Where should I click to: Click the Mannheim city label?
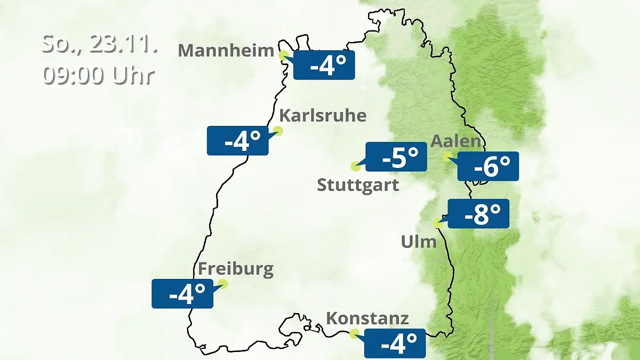tap(227, 51)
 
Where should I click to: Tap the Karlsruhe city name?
tap(323, 116)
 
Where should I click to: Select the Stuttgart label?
tap(358, 186)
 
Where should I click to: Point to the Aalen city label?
tap(456, 142)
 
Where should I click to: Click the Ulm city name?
tap(419, 242)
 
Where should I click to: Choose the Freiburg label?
tap(236, 269)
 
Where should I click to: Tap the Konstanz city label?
tap(367, 319)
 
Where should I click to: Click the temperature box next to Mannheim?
tap(324, 65)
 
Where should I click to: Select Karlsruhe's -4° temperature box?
tap(238, 141)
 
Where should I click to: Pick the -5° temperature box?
tap(396, 157)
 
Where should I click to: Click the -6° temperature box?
tap(488, 166)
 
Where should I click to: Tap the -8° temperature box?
tap(478, 214)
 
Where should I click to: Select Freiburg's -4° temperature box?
tap(182, 293)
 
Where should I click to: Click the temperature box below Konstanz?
tap(395, 343)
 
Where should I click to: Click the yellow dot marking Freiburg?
tap(222, 284)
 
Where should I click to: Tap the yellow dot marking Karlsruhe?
tap(278, 131)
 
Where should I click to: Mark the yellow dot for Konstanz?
tap(354, 334)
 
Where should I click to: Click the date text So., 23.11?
tap(100, 44)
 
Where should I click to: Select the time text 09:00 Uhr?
tap(99, 75)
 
